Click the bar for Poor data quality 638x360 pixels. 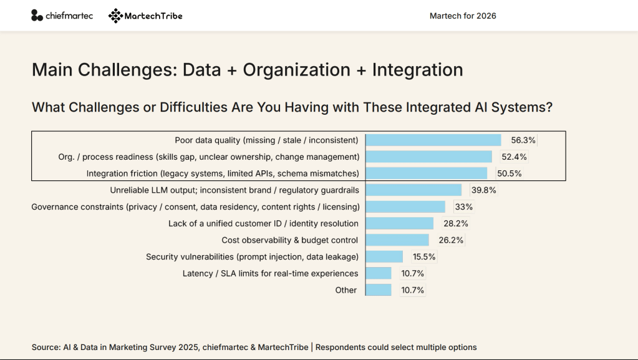[433, 140]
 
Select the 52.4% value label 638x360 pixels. [515, 157]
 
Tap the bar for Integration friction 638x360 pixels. [427, 173]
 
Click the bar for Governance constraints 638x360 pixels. [405, 207]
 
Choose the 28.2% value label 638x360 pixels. [455, 223]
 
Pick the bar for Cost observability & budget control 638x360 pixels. [397, 240]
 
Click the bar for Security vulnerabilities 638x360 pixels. [384, 256]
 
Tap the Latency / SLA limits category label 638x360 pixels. [270, 273]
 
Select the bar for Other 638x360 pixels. [379, 290]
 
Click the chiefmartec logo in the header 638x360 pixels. [62, 16]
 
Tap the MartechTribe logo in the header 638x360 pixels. [145, 16]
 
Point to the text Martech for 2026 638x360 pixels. [463, 16]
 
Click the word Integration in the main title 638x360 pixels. [417, 70]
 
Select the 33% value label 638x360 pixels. [464, 207]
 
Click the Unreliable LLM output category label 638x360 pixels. [234, 190]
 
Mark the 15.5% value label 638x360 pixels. [423, 256]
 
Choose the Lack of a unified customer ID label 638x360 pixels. [263, 223]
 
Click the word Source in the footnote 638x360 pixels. [46, 347]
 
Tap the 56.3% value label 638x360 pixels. [523, 140]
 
